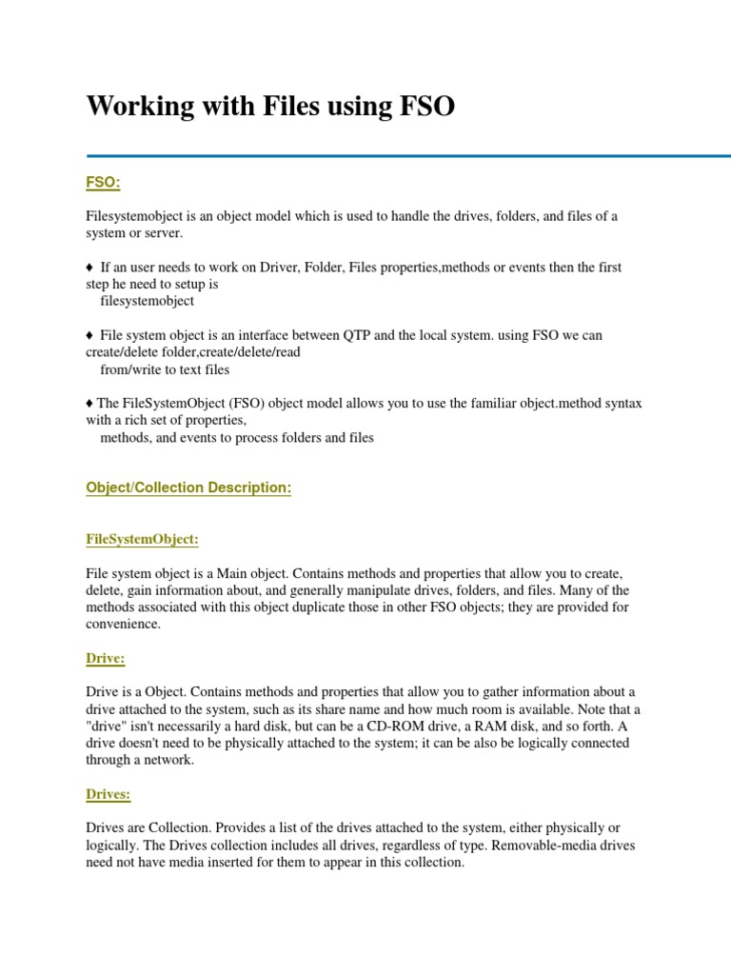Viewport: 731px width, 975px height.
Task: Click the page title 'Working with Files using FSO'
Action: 270,108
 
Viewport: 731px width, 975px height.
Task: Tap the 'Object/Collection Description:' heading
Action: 188,487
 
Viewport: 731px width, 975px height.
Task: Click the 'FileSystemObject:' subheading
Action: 143,539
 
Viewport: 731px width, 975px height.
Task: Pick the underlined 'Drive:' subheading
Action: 106,658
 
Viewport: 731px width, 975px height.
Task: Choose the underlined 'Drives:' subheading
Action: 109,793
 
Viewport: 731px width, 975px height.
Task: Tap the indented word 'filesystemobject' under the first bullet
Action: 147,301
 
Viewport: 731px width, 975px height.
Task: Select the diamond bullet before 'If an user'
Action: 89,268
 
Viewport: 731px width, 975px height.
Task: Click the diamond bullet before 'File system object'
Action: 89,335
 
